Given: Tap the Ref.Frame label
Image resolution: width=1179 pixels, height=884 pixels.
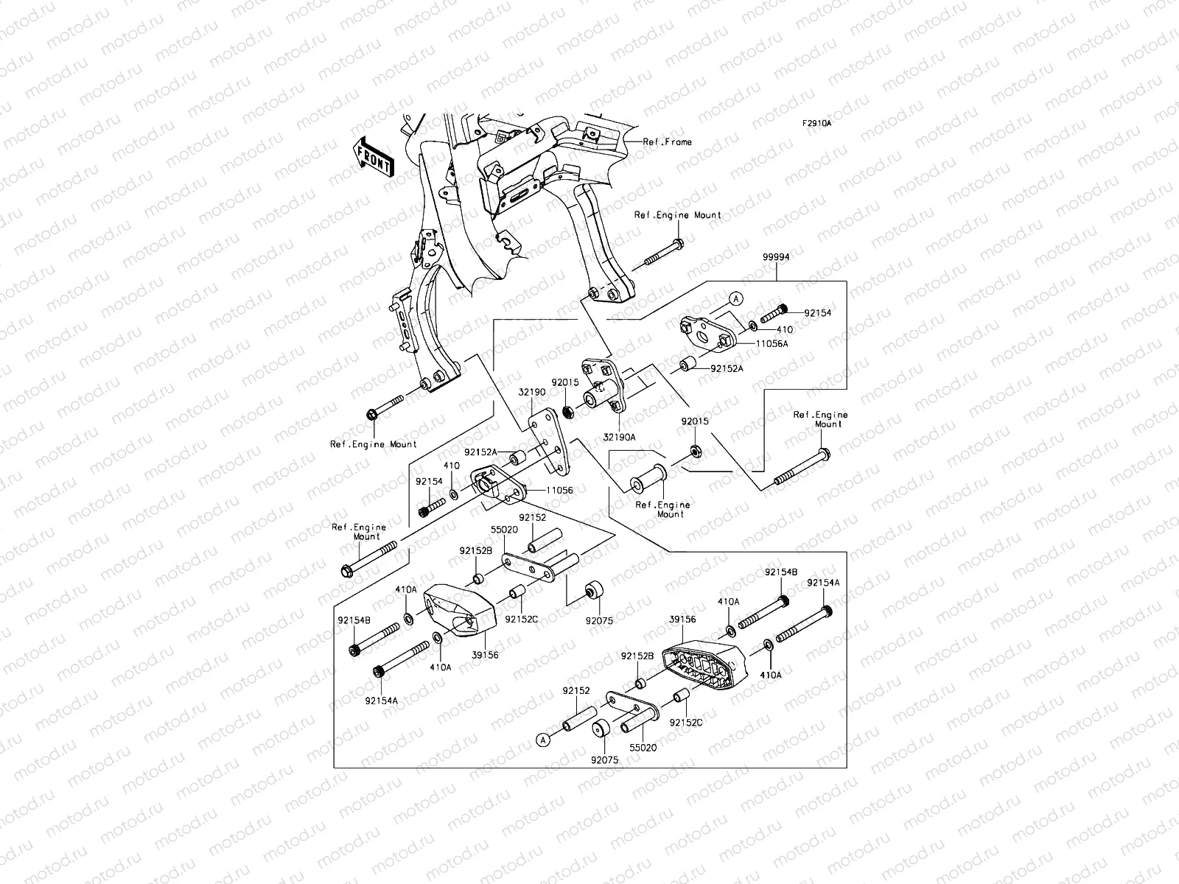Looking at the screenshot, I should (668, 142).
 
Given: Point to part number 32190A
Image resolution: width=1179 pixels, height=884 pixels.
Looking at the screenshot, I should (619, 437).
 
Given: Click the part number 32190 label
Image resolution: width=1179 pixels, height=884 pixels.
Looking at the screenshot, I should (531, 393).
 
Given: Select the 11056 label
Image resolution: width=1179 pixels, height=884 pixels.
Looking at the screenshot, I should (560, 490).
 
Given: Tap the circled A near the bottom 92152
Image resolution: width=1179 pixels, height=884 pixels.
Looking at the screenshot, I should (543, 739).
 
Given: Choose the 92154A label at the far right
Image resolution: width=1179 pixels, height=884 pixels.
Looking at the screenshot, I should (824, 583).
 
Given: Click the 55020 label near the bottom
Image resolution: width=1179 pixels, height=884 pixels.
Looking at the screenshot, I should (641, 747).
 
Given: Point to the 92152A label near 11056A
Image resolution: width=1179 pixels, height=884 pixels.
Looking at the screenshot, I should (727, 368).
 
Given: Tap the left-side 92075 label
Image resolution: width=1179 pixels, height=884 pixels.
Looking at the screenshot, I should (601, 621).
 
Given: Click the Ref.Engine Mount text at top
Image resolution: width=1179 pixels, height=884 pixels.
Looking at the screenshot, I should (678, 215).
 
